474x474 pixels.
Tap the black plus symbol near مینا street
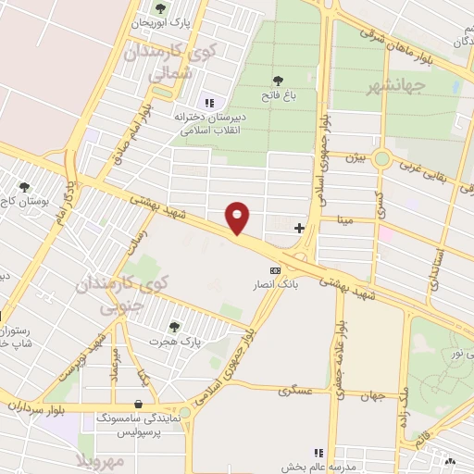(x=299, y=227)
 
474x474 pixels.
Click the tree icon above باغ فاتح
(x=279, y=80)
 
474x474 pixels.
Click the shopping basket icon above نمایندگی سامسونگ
(x=139, y=404)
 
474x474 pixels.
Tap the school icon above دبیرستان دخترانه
(x=208, y=103)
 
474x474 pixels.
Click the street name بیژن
(x=357, y=158)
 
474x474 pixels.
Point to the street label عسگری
(x=295, y=391)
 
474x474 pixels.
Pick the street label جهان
(x=372, y=396)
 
